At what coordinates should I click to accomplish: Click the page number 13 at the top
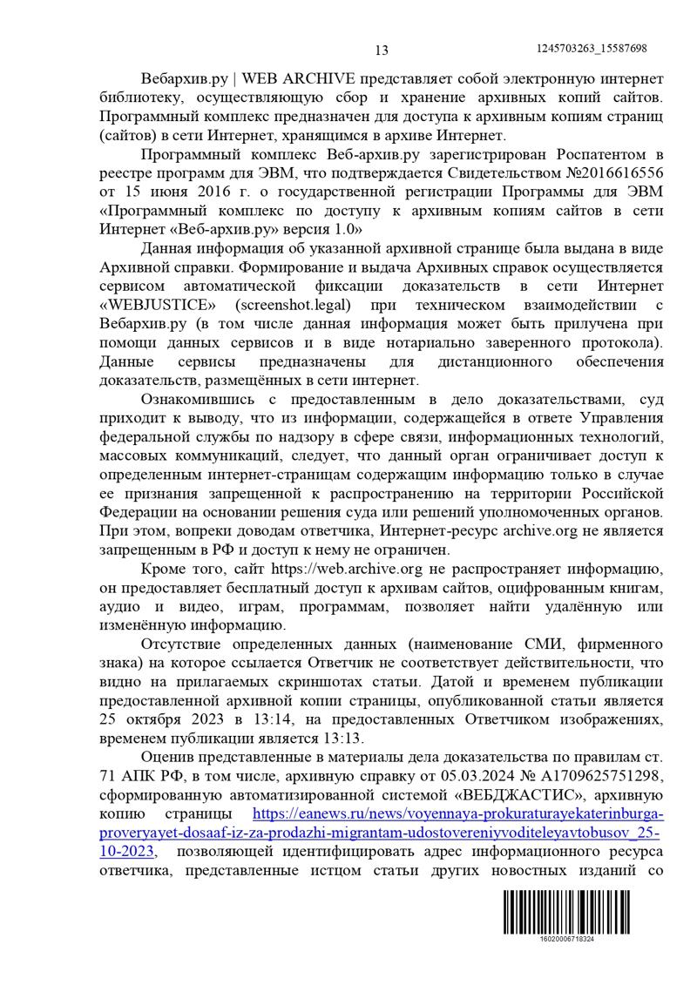[381, 50]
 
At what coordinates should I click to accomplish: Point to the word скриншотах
[333, 682]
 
